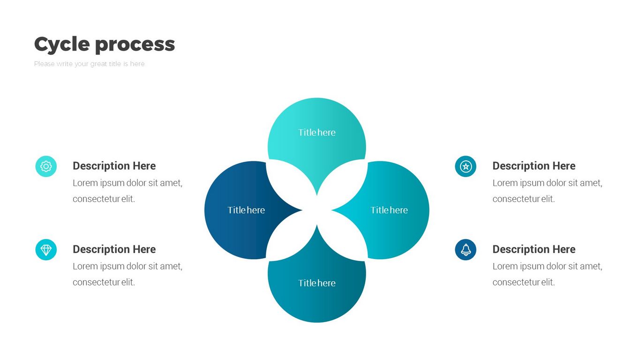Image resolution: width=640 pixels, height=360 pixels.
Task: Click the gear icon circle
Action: point(46,166)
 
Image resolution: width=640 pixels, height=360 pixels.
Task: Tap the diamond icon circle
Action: point(46,250)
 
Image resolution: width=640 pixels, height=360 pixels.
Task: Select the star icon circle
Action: point(466,166)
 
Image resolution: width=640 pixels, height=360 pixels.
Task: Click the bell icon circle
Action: point(466,250)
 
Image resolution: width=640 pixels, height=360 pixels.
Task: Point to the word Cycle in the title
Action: point(61,45)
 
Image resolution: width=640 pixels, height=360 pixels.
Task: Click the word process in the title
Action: point(135,45)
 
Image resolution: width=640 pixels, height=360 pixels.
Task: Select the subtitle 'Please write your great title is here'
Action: point(89,64)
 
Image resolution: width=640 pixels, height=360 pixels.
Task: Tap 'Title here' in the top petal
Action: point(317,133)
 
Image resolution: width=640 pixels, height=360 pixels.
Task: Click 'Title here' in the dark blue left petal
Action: point(246,210)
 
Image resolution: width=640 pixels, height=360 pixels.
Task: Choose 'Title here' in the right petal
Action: point(389,210)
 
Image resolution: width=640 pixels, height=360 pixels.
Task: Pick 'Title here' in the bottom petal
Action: point(317,283)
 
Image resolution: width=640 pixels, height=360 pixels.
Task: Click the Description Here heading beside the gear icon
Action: point(114,166)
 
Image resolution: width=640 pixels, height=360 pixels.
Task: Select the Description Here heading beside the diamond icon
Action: point(114,249)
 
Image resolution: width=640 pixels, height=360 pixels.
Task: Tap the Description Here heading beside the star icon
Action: point(534,166)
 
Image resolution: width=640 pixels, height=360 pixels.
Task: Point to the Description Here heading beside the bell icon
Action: point(534,249)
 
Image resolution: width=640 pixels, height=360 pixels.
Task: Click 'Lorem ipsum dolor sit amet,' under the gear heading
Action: point(128,183)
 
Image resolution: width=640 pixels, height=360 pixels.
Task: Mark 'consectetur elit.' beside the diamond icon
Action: point(104,282)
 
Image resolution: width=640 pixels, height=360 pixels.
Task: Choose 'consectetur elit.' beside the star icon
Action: point(523,199)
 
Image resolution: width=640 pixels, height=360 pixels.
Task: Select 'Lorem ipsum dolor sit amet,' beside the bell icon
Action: point(547,266)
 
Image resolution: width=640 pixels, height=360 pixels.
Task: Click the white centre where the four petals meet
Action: point(317,210)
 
